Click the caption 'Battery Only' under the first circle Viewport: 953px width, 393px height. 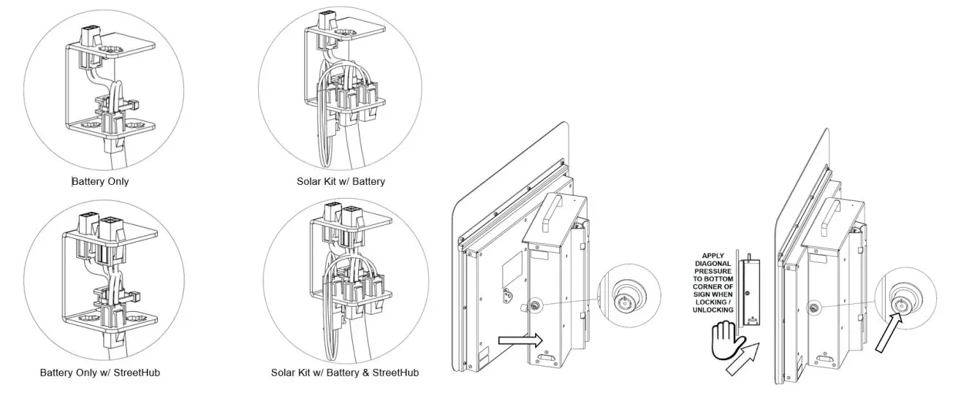click(100, 181)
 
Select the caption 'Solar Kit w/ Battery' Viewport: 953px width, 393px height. click(340, 181)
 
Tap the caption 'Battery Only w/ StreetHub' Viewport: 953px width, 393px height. click(99, 373)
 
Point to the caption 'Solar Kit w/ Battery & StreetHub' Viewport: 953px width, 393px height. click(344, 373)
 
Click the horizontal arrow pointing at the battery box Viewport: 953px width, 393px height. click(519, 340)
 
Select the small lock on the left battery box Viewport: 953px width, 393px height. click(536, 306)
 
